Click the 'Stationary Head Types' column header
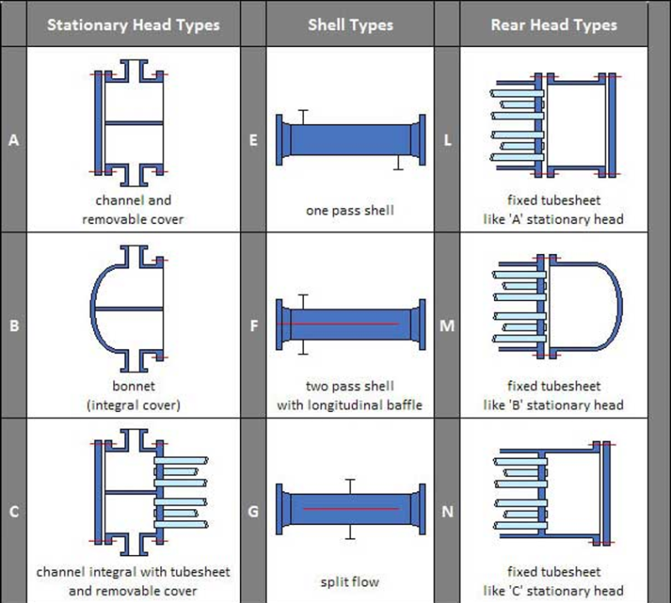point(133,25)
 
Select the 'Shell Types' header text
point(351,25)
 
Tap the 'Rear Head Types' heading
point(554,25)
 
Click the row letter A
point(13,140)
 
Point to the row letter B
point(13,325)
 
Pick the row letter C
point(13,512)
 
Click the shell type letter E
point(253,140)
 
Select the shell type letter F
point(254,325)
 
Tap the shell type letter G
point(253,512)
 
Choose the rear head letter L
point(447,140)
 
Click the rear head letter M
point(447,325)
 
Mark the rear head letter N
point(447,512)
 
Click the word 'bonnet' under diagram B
point(133,386)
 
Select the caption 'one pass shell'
point(350,211)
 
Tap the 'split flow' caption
point(350,581)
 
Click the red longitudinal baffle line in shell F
point(338,324)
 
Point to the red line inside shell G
point(351,509)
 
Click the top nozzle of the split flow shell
point(350,486)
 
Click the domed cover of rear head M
point(620,307)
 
